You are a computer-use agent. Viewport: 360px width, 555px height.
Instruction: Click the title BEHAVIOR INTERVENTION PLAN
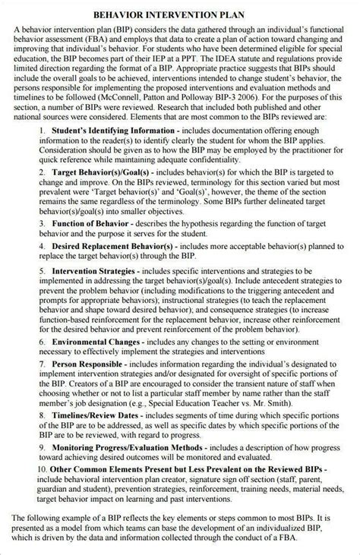(179, 14)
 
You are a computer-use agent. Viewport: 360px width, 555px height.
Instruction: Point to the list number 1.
(43, 131)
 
